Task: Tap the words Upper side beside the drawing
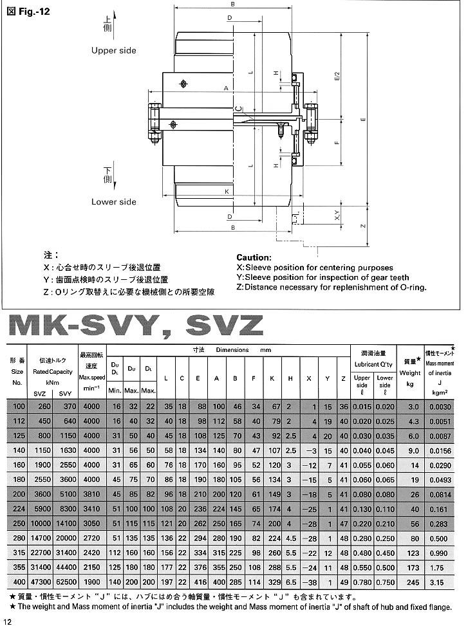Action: pos(113,50)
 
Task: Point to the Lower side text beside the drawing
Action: pos(113,201)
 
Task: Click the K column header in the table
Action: pos(272,378)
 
